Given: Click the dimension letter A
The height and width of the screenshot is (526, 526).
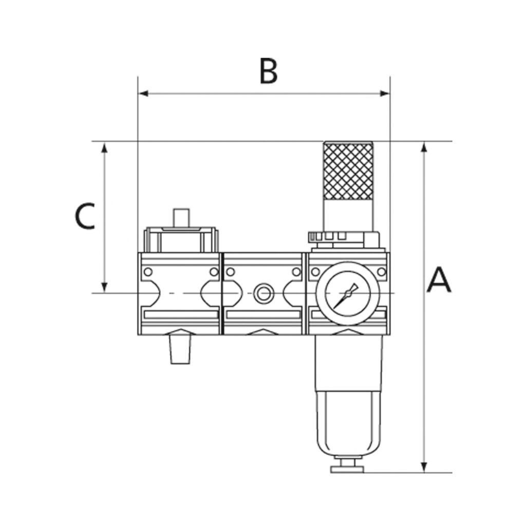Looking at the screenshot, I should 439,280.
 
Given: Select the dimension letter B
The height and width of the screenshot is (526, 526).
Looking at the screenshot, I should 268,71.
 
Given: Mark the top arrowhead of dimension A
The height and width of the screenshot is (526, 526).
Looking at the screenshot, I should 424,147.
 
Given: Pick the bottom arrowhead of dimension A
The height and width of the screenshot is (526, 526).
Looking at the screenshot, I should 424,466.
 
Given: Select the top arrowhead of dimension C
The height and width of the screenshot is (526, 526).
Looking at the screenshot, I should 105,147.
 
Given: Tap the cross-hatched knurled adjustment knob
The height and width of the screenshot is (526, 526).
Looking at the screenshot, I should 348,171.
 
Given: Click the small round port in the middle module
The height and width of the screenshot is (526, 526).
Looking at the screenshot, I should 264,294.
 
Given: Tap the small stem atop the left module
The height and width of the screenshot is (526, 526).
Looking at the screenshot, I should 181,217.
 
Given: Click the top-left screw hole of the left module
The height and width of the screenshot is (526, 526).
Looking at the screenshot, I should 148,272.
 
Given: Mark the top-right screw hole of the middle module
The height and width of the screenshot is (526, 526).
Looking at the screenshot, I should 296,272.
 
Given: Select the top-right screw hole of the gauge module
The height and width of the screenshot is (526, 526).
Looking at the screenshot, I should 381,272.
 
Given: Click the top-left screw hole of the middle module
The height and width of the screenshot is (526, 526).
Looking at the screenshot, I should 230,272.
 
